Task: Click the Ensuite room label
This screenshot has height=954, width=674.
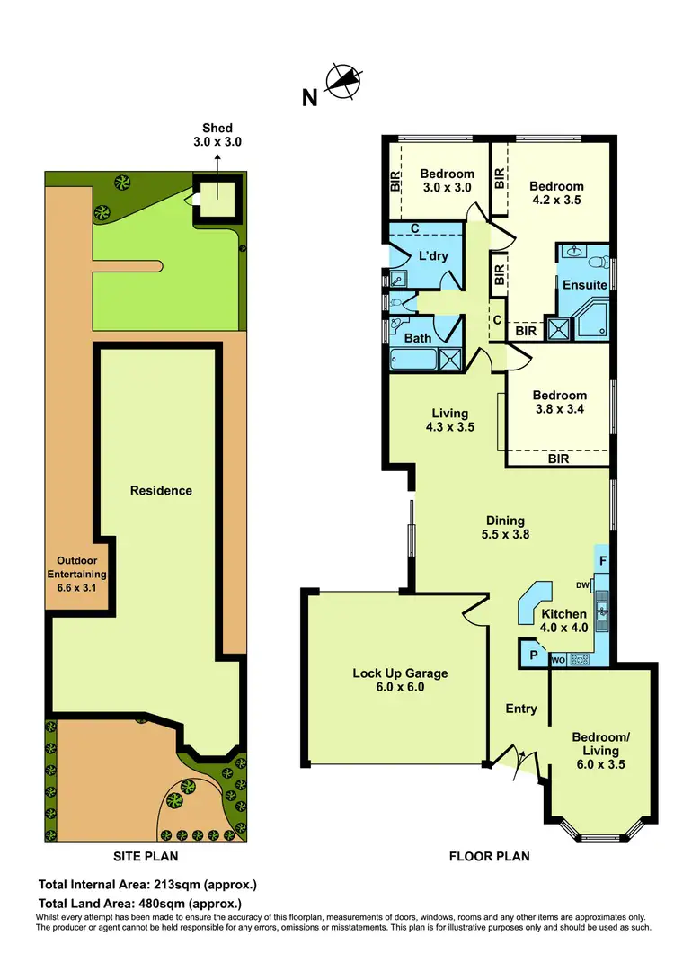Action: pos(585,285)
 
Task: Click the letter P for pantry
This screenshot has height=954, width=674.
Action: pos(533,655)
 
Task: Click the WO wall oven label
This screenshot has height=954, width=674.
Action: pos(557,661)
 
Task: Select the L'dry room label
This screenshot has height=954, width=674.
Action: pos(434,257)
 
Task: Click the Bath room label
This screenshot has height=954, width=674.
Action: pos(418,338)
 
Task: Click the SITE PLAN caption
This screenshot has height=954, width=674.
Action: pos(144,856)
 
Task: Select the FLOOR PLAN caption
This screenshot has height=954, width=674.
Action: pos(489,856)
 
